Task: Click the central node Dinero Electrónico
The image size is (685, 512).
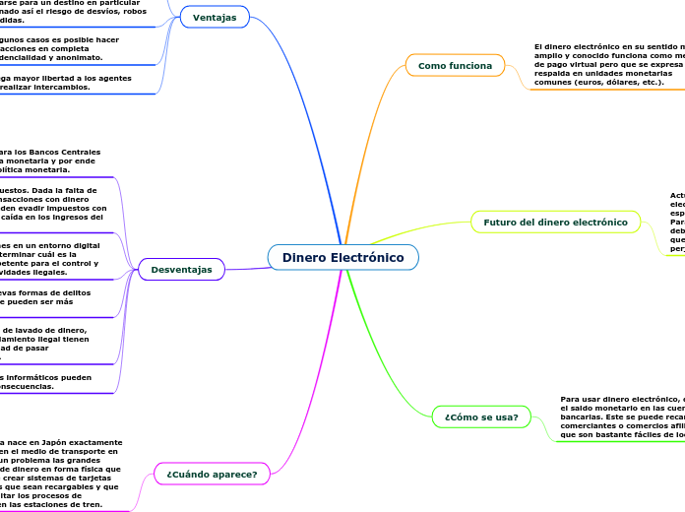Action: (342, 257)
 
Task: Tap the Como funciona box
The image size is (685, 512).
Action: (455, 65)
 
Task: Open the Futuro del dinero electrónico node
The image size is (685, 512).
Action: (555, 223)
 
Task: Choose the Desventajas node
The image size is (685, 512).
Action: (182, 269)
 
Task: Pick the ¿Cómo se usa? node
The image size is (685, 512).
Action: (481, 416)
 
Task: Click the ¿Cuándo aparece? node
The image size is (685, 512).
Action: (212, 474)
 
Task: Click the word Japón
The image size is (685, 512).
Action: (58, 443)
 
